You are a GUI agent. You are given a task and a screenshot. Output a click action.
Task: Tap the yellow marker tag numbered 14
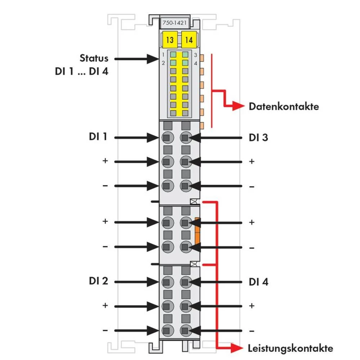(x=188, y=40)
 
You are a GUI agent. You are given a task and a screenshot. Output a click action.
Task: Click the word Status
(x=94, y=58)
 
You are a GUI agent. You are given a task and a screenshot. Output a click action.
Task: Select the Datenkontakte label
(x=284, y=107)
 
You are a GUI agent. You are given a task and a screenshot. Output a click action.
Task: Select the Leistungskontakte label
(x=290, y=348)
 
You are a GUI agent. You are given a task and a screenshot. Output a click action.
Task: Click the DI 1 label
(x=98, y=137)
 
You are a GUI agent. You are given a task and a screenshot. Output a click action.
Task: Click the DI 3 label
(x=258, y=138)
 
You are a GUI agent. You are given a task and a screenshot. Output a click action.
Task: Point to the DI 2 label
(x=98, y=281)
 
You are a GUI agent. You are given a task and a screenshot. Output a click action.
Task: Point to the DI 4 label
(x=258, y=282)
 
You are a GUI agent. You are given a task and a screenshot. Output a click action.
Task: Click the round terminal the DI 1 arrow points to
(x=167, y=137)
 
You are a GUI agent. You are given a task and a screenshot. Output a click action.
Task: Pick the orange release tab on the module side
(x=197, y=230)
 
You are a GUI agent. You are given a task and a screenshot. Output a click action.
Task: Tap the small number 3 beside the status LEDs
(x=195, y=55)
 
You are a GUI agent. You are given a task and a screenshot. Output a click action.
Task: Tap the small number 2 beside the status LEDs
(x=163, y=63)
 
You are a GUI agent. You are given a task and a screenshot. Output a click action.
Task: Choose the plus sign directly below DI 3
(x=252, y=161)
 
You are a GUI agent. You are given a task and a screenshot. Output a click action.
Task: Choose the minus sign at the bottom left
(x=105, y=330)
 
